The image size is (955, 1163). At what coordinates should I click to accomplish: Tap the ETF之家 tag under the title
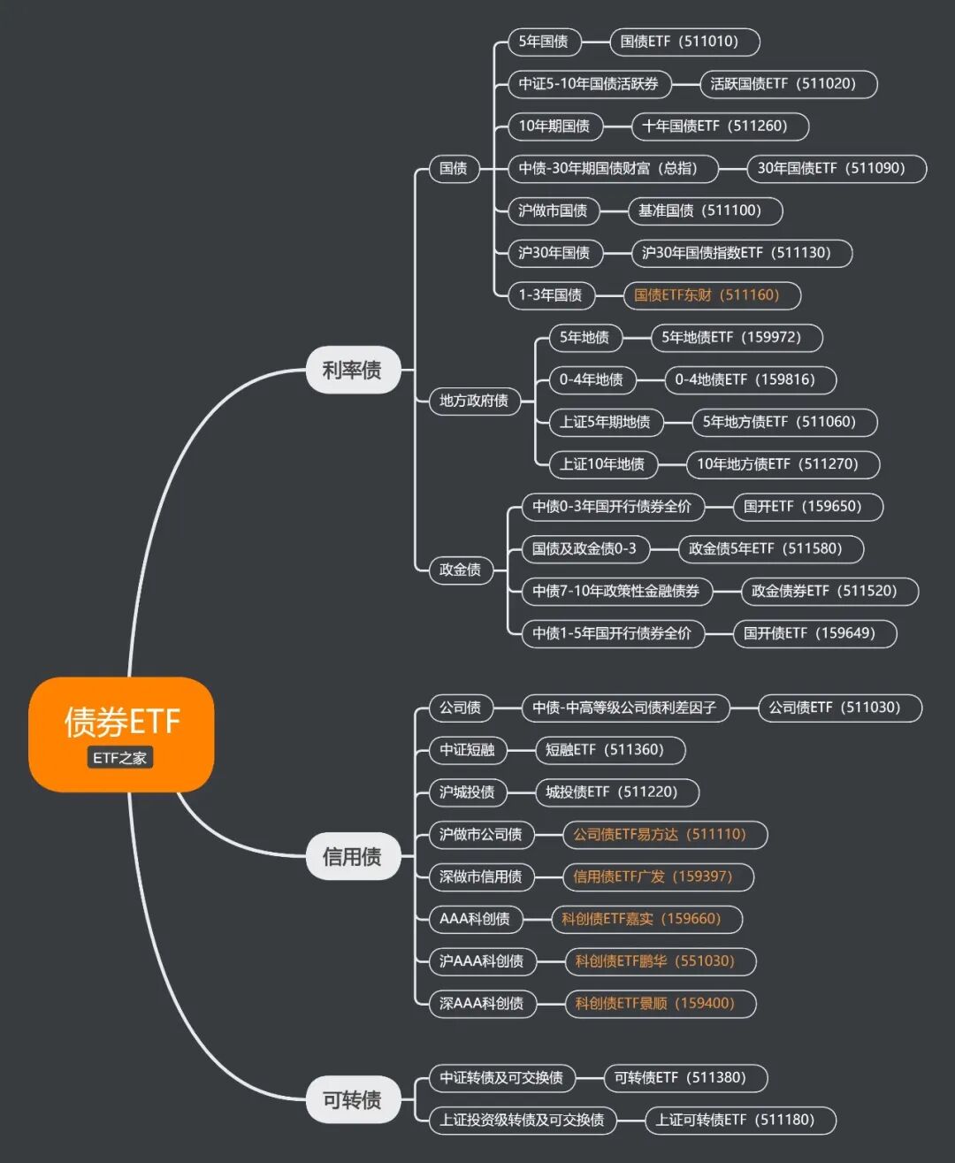pyautogui.click(x=120, y=758)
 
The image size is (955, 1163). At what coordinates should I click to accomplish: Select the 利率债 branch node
pyautogui.click(x=352, y=370)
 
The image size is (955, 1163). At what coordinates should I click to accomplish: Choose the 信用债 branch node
pyautogui.click(x=352, y=856)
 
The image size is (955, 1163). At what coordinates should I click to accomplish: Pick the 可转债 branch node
pyautogui.click(x=352, y=1099)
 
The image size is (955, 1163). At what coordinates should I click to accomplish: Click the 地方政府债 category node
pyautogui.click(x=474, y=401)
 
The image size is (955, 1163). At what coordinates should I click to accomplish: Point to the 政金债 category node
pyautogui.click(x=460, y=570)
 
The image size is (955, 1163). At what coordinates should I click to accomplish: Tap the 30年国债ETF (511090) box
pyautogui.click(x=831, y=168)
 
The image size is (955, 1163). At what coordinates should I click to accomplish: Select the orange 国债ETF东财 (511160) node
pyautogui.click(x=707, y=295)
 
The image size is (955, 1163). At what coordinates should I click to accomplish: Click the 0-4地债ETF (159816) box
pyautogui.click(x=745, y=379)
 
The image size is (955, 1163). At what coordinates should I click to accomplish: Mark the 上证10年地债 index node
pyautogui.click(x=602, y=464)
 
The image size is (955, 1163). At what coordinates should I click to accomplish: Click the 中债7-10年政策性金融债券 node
pyautogui.click(x=615, y=591)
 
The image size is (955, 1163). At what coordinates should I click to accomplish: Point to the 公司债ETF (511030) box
pyautogui.click(x=834, y=708)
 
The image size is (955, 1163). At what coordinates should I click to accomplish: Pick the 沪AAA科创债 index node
pyautogui.click(x=481, y=961)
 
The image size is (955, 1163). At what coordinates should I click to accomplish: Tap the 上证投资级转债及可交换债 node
pyautogui.click(x=522, y=1121)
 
